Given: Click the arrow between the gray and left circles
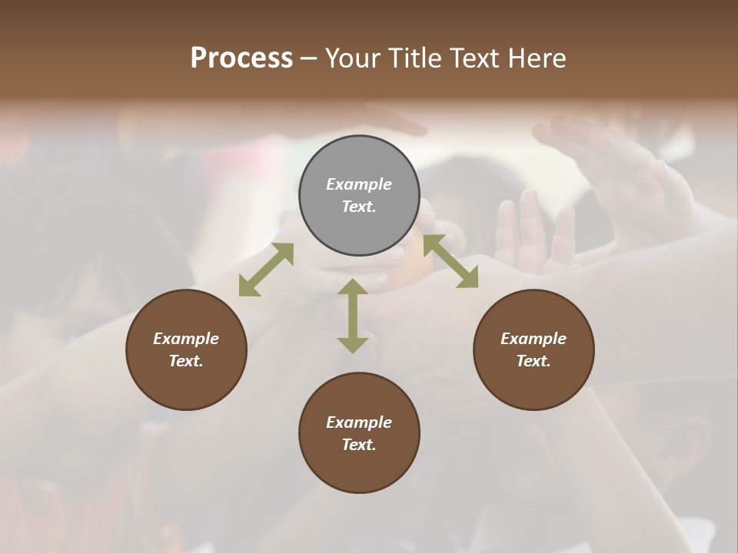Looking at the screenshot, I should click(x=266, y=270).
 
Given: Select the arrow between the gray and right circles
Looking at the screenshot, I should click(x=450, y=261).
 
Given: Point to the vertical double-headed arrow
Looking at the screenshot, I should click(x=353, y=316).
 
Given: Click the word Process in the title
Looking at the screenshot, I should click(x=241, y=58).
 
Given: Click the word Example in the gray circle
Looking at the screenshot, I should click(x=359, y=184).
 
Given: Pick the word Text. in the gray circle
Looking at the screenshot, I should click(x=359, y=207).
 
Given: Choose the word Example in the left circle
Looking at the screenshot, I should click(x=186, y=339).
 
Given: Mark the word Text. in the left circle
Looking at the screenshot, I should click(x=186, y=361).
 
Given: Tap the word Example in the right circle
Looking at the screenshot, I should click(x=534, y=339).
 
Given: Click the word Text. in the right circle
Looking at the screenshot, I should click(x=534, y=361).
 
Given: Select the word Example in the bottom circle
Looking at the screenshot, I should click(x=359, y=422).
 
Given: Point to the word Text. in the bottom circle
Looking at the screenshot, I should click(x=359, y=445).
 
